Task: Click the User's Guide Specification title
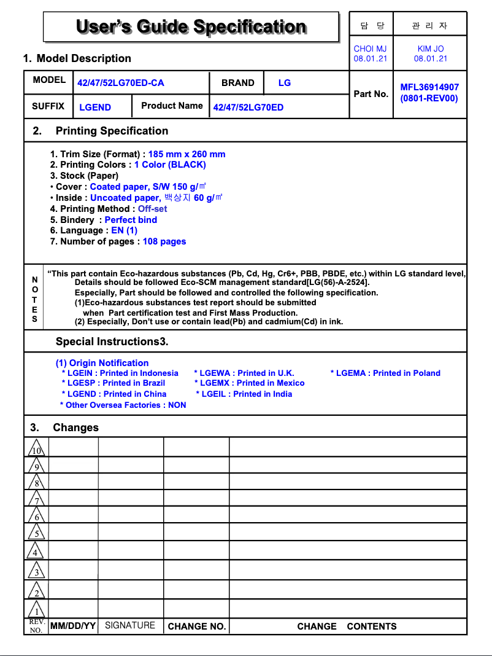click(191, 27)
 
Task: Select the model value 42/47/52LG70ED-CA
click(121, 83)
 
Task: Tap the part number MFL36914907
click(429, 87)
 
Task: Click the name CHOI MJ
click(371, 49)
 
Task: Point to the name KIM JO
click(430, 49)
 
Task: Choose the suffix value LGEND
click(95, 107)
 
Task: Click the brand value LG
click(285, 82)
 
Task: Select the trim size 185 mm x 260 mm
click(186, 154)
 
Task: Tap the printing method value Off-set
click(152, 209)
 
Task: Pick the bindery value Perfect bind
click(131, 220)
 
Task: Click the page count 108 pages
click(164, 241)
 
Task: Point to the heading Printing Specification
click(112, 131)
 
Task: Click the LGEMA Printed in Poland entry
click(386, 373)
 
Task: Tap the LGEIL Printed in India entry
click(244, 394)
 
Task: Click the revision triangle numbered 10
click(36, 448)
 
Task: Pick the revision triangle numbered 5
click(36, 533)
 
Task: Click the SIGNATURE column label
click(130, 625)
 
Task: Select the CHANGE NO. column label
click(197, 627)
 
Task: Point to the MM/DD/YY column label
click(72, 626)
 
